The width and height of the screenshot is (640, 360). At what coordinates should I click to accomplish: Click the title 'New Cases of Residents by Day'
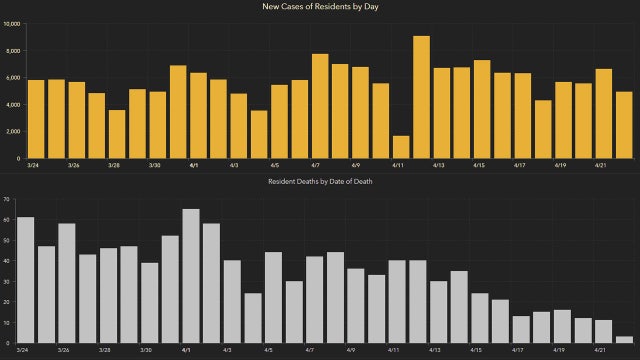click(x=320, y=7)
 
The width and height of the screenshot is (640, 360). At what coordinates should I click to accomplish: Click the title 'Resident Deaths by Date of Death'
click(x=320, y=180)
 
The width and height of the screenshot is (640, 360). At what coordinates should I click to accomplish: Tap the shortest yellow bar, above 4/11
click(x=401, y=147)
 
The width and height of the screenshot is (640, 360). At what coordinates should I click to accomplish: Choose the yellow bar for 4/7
click(x=320, y=106)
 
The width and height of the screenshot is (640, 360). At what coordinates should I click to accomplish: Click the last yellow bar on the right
click(x=624, y=125)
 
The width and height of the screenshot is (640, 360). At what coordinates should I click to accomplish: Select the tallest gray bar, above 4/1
click(x=191, y=276)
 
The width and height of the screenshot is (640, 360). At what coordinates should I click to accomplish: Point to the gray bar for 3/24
click(x=26, y=280)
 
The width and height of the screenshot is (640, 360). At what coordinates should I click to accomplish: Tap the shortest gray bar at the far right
click(x=624, y=340)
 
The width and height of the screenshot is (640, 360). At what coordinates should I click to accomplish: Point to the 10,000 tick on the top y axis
click(x=11, y=23)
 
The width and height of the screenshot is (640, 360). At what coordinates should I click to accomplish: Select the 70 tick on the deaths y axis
click(x=6, y=199)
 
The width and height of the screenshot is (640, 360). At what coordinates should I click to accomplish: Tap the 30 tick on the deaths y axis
click(x=6, y=281)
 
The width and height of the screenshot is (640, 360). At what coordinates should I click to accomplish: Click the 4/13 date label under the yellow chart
click(x=438, y=166)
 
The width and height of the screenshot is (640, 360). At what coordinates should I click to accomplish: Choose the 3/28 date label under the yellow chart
click(x=114, y=166)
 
